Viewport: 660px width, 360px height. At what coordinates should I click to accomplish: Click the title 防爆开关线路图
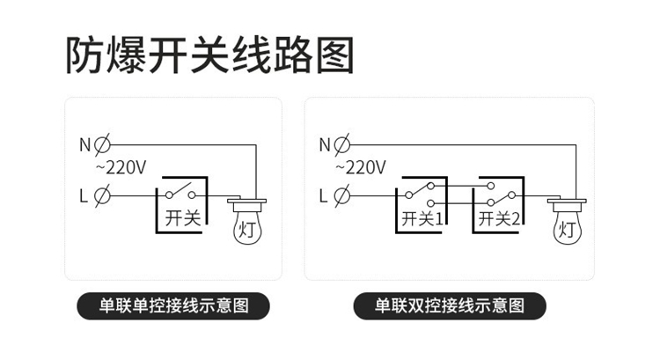click(209, 54)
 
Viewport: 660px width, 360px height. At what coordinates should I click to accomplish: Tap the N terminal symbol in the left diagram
click(101, 143)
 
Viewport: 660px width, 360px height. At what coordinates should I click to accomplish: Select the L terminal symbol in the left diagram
click(101, 195)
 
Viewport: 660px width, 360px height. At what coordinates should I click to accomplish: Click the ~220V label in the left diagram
click(121, 167)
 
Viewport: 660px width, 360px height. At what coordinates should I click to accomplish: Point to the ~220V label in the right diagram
click(361, 167)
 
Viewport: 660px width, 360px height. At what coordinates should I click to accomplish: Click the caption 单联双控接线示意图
click(450, 306)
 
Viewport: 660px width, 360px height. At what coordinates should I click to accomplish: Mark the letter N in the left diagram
click(84, 143)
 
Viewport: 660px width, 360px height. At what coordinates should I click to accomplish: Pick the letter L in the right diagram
click(325, 195)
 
